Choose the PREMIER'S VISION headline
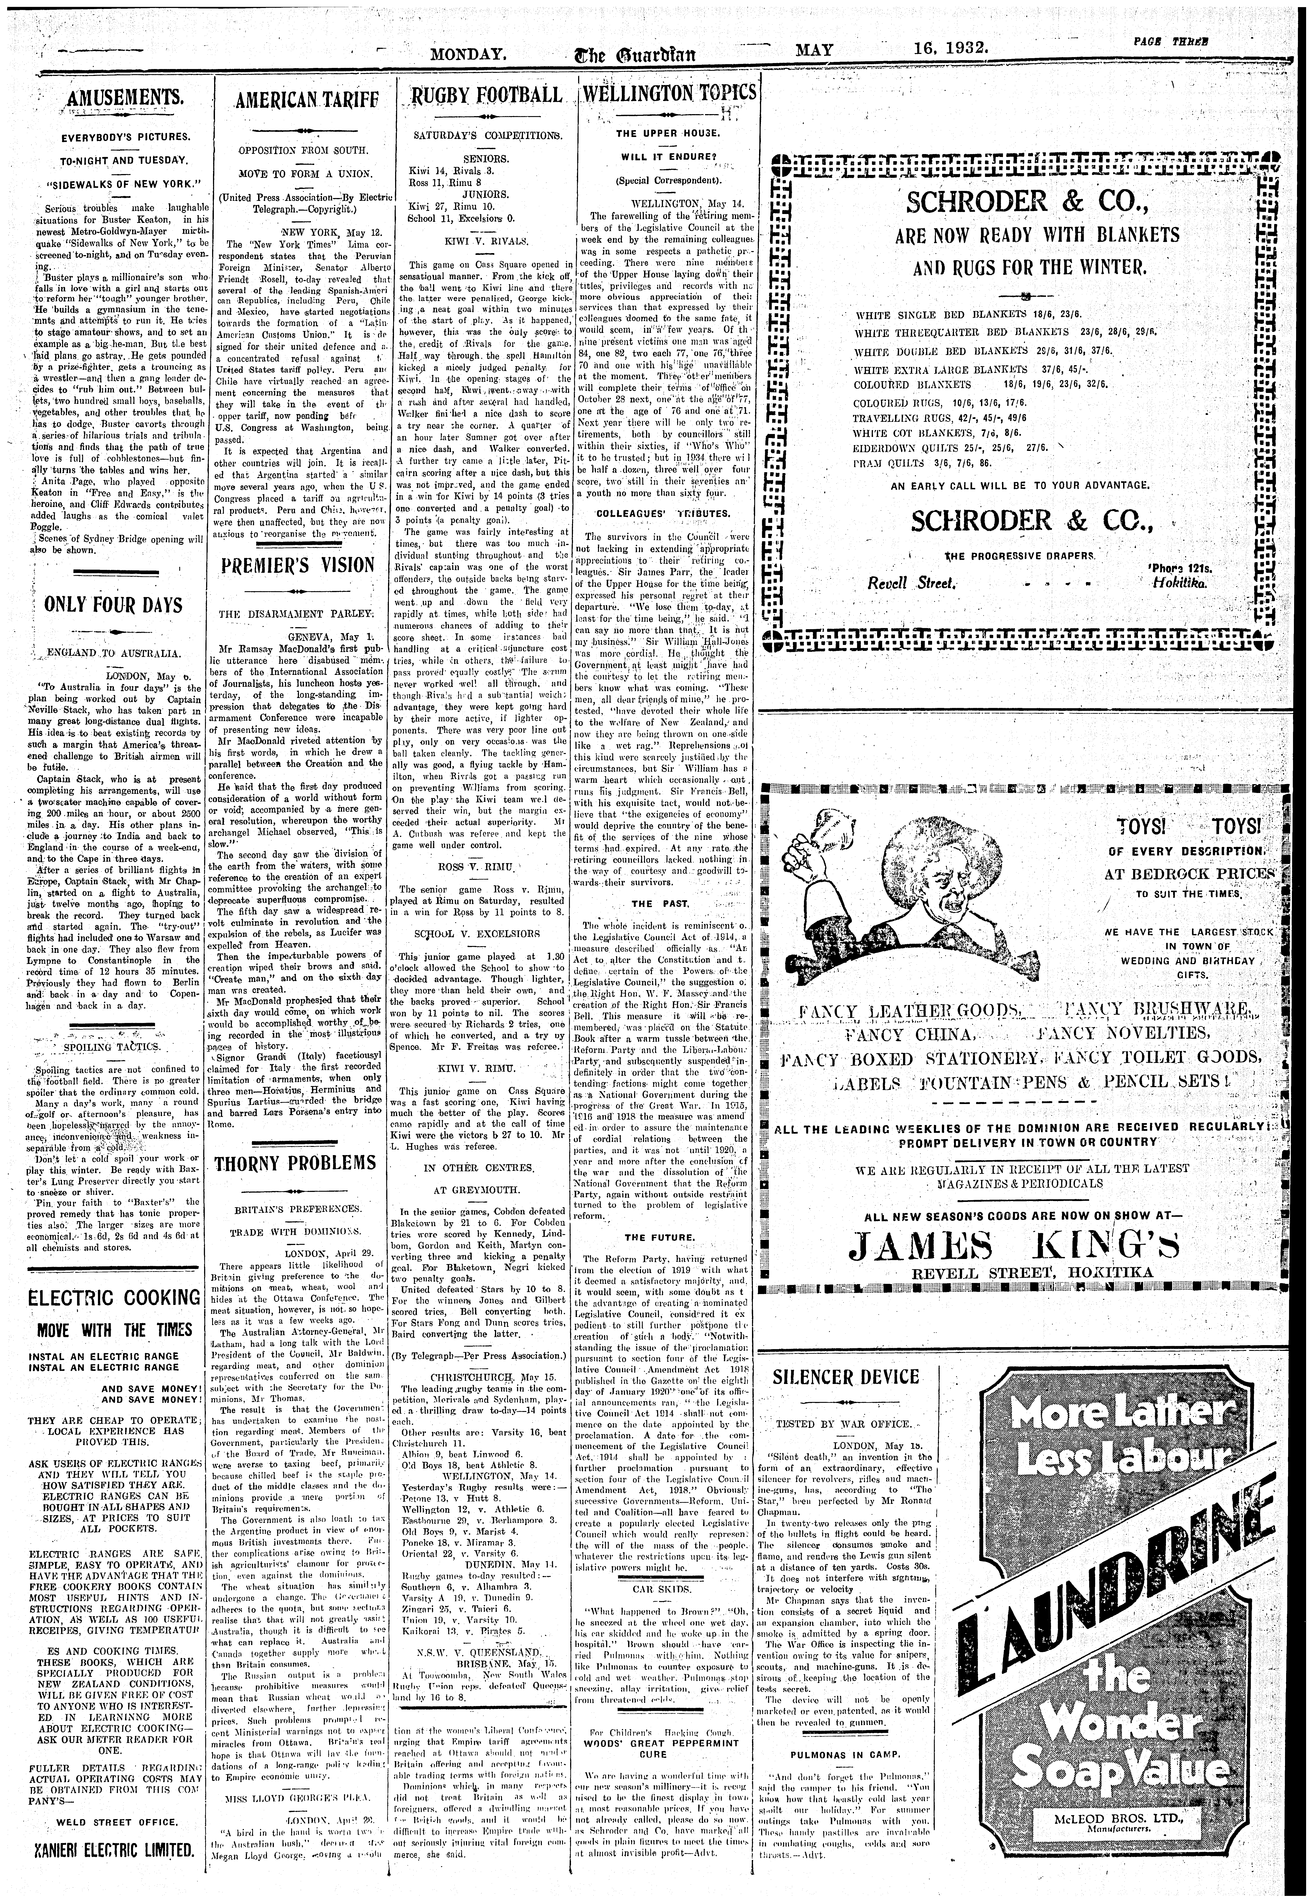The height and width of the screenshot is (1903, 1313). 295,567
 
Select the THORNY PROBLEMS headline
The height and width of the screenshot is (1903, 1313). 295,1163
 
